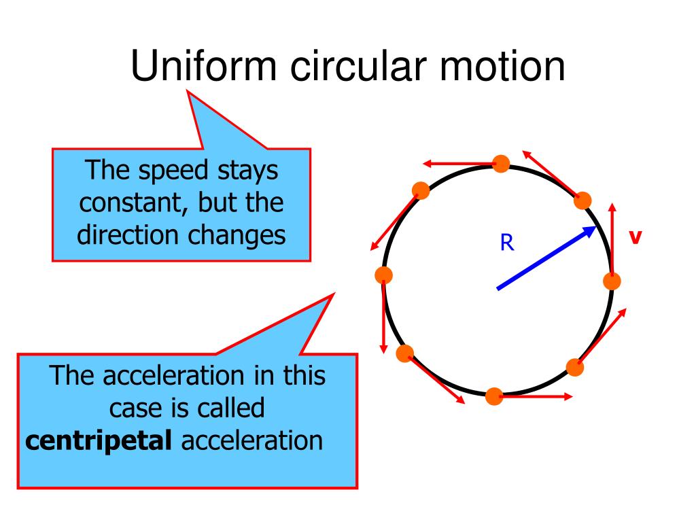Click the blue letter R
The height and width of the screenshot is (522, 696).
(x=507, y=243)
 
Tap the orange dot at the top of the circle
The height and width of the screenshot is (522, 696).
(x=501, y=164)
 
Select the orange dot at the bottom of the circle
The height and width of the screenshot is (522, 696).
(x=494, y=396)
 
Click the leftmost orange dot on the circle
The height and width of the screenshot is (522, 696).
(x=384, y=275)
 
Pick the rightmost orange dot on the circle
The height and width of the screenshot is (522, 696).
(x=612, y=281)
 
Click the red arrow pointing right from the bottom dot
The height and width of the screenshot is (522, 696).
(x=537, y=396)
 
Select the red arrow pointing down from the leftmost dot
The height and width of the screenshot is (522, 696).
(x=384, y=316)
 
